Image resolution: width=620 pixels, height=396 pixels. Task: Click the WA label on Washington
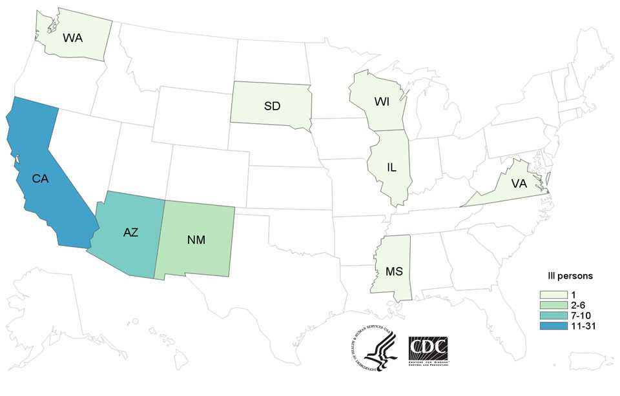click(72, 37)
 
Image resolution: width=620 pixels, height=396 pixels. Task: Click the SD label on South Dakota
click(272, 106)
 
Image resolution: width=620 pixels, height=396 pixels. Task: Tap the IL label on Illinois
click(391, 167)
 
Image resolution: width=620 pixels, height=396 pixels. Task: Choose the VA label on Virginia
click(519, 183)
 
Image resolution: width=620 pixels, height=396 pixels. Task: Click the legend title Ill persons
click(565, 277)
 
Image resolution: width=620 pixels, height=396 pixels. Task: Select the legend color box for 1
click(549, 295)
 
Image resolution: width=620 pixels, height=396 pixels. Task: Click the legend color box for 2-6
click(549, 305)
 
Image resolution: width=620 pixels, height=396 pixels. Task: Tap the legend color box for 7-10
click(549, 315)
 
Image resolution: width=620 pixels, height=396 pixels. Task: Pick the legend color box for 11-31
click(549, 326)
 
